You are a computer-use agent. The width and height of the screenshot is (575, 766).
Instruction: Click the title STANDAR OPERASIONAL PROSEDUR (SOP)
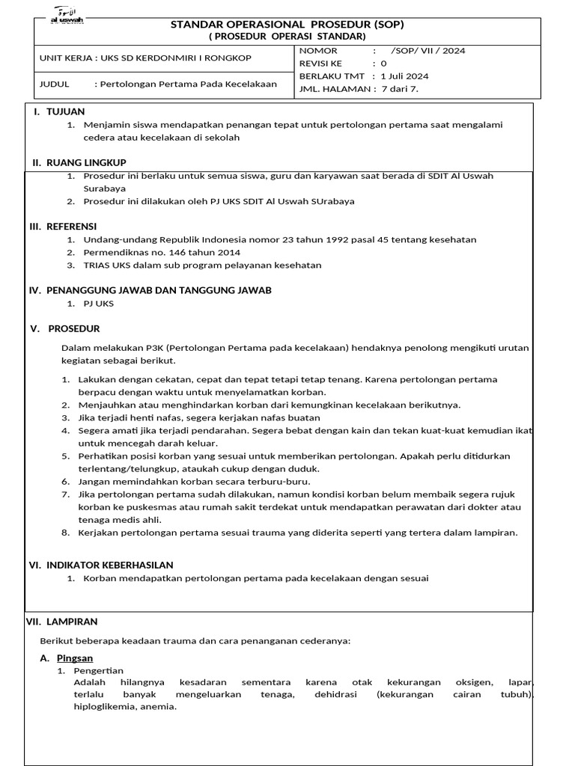[x=287, y=24]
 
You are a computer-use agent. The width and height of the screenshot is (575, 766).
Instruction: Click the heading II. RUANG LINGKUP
[x=79, y=162]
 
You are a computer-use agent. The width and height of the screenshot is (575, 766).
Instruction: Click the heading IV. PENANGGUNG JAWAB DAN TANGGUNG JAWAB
[x=150, y=290]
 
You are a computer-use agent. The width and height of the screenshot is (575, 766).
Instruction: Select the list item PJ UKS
[x=99, y=304]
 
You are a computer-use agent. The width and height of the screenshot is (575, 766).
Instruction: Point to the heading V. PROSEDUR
[x=65, y=329]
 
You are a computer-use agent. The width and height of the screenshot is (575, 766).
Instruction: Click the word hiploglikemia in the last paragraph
[x=106, y=708]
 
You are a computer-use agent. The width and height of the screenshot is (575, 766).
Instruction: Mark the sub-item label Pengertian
[x=98, y=671]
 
